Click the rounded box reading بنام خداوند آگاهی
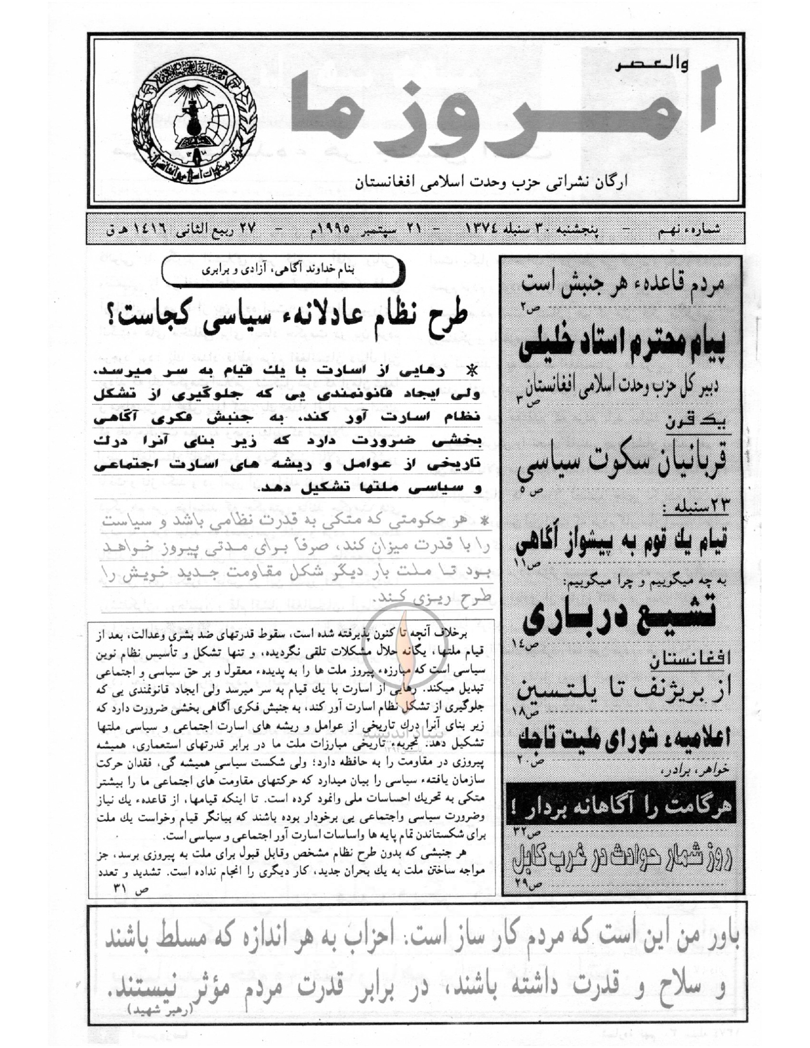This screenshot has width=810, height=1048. coord(283,270)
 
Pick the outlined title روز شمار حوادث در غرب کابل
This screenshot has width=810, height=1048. coord(622,859)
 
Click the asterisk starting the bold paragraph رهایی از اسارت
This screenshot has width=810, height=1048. coord(471,370)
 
